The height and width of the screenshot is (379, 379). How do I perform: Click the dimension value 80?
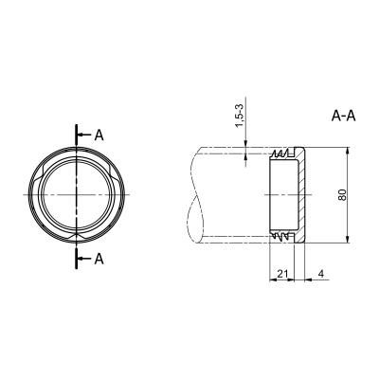click(x=343, y=195)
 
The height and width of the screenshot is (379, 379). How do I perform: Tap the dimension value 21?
click(x=282, y=274)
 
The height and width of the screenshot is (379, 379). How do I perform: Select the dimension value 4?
click(x=321, y=274)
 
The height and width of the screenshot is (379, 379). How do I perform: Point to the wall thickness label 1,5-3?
click(x=241, y=116)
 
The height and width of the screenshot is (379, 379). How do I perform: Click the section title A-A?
click(x=344, y=117)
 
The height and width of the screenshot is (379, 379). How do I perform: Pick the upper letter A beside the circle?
click(x=99, y=135)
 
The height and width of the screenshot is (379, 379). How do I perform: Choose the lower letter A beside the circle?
click(x=99, y=259)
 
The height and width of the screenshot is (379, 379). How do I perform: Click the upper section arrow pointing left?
click(x=84, y=135)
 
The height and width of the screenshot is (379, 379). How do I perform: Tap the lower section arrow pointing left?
click(x=84, y=259)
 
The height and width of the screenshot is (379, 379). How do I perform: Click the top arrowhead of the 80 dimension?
click(x=348, y=152)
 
